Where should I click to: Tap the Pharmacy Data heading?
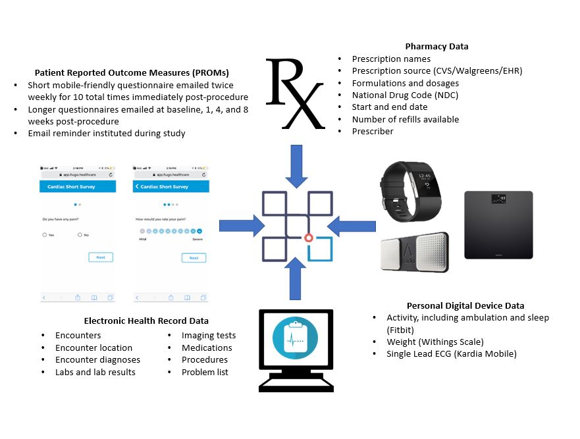click(x=436, y=47)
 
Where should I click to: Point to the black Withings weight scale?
click(x=498, y=224)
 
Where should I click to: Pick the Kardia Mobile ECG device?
click(x=414, y=252)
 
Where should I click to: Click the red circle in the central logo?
click(x=307, y=238)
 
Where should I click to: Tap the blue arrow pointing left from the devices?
click(x=351, y=226)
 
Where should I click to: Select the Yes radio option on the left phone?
click(x=44, y=234)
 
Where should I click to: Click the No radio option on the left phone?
click(x=80, y=234)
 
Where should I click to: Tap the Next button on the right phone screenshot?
click(x=194, y=257)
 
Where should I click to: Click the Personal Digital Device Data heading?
click(x=465, y=305)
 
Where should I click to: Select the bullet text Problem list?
click(x=205, y=372)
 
